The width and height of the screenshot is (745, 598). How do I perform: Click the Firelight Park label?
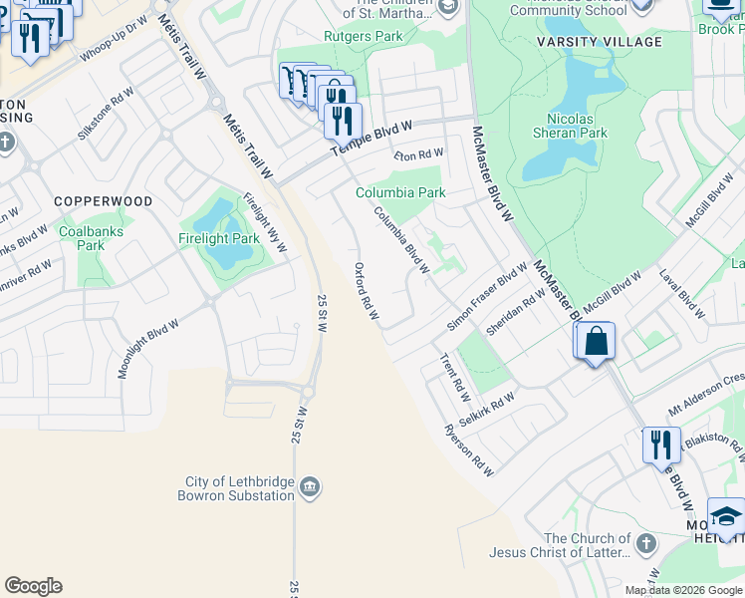pos(218,238)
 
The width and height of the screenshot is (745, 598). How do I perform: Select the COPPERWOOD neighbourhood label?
pos(104,201)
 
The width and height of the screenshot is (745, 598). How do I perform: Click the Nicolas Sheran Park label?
pos(591,125)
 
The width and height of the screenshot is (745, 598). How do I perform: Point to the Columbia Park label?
pos(400,192)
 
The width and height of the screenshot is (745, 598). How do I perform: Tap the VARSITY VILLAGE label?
pos(613,42)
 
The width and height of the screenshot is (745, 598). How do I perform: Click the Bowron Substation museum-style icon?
pos(310,486)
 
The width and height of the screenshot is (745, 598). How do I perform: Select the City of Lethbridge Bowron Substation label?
pos(237,487)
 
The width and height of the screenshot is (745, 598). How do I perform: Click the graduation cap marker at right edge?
pos(726,518)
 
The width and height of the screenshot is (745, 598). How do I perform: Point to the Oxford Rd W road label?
pos(366,291)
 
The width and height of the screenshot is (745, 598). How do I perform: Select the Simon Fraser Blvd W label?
pos(487,296)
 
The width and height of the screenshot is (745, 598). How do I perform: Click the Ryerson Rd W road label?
pos(468,450)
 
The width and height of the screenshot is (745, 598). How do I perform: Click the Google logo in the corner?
pos(33,586)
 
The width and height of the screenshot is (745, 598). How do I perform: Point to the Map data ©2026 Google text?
pos(682,590)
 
